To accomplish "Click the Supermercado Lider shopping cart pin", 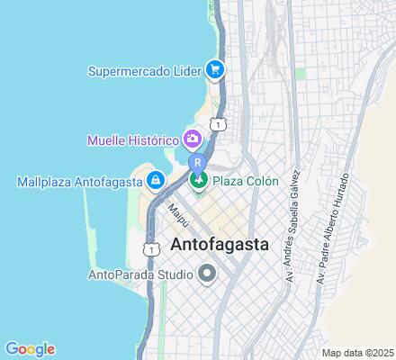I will tap(214, 68).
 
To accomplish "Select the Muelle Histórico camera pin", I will tap(192, 139).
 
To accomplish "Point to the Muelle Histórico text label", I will tap(131, 139).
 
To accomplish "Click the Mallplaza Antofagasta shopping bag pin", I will tap(157, 181).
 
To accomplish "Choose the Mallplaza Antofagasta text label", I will tap(80, 182).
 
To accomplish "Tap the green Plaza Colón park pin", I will tap(199, 181).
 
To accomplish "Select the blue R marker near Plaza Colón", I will tap(197, 162).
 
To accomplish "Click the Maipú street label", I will tap(178, 214).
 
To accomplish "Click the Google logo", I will tap(30, 349).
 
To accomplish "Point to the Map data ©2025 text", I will tap(358, 352).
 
